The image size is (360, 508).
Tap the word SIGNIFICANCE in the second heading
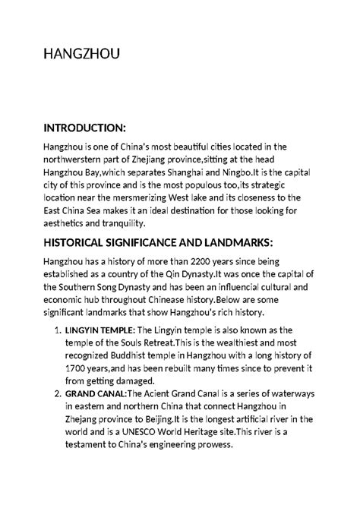point(149,241)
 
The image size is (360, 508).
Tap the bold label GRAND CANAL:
point(100,393)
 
